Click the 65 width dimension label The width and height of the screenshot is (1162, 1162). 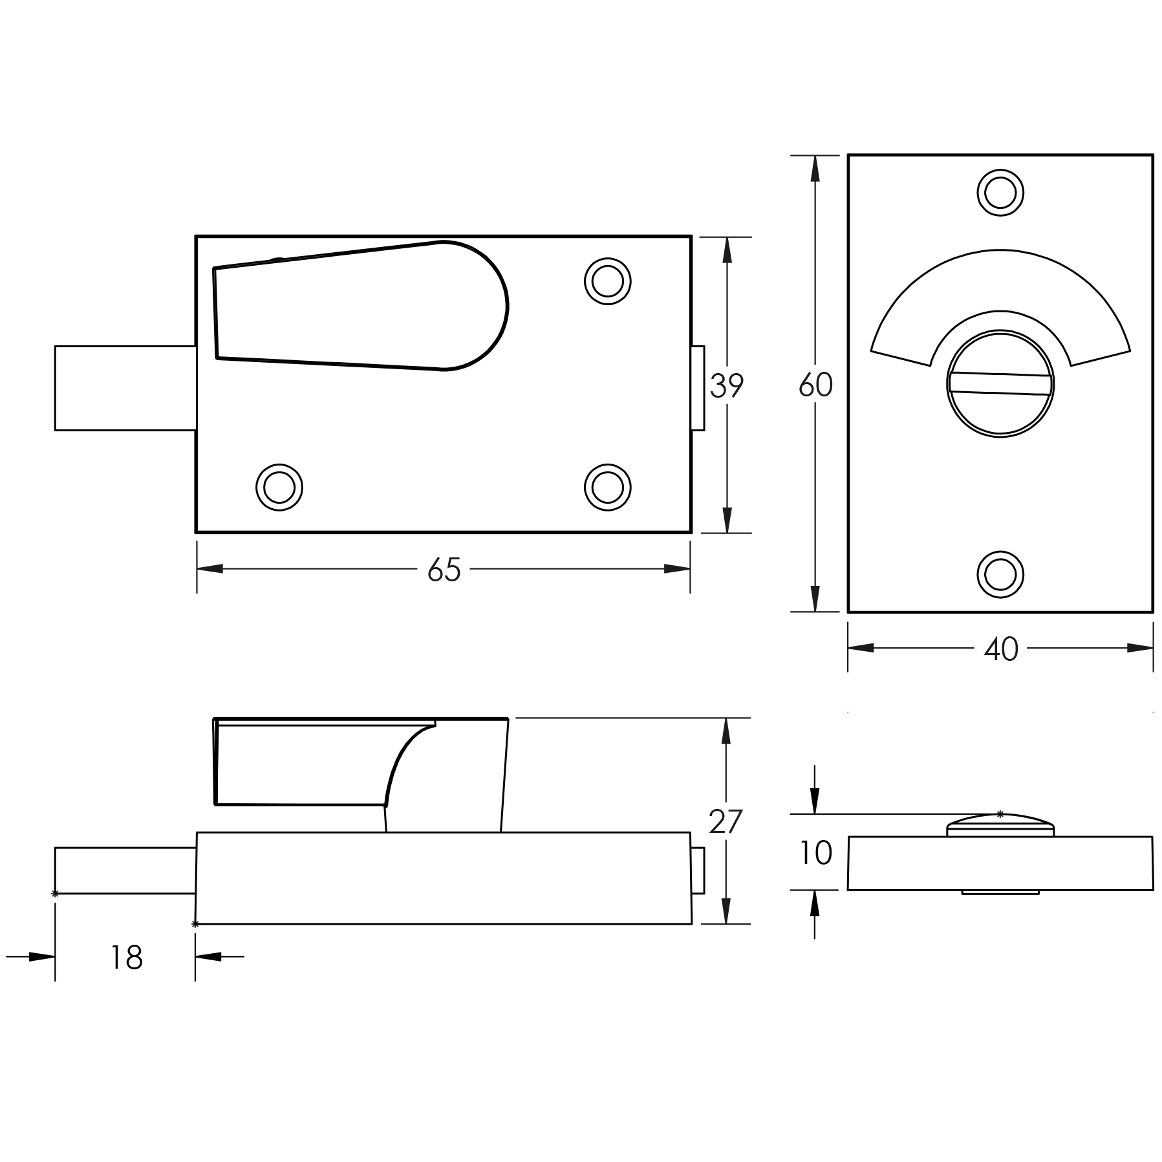[444, 570]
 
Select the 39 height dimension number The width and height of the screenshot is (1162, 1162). [727, 386]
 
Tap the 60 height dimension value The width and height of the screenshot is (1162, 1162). [815, 385]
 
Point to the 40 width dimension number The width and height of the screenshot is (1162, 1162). [1001, 649]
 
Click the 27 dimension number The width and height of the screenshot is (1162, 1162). [726, 822]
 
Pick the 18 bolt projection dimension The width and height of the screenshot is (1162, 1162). [126, 958]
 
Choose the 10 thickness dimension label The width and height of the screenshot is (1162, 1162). [815, 854]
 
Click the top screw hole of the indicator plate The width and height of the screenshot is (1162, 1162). [1000, 193]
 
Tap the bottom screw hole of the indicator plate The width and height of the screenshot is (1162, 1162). [1000, 574]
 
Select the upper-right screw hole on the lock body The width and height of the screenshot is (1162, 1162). [608, 281]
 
